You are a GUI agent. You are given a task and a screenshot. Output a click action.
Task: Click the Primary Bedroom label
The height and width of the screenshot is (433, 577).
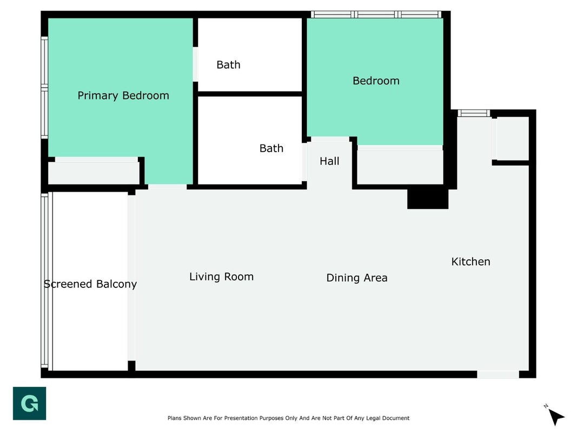click(x=123, y=96)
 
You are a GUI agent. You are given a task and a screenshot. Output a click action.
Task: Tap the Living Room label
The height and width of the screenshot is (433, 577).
click(x=221, y=277)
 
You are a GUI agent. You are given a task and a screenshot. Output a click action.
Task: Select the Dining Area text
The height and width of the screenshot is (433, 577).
click(x=356, y=278)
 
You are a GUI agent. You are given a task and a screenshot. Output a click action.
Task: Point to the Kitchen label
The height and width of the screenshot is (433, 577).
click(x=470, y=262)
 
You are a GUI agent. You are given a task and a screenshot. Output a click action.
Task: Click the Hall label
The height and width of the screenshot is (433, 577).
click(x=329, y=161)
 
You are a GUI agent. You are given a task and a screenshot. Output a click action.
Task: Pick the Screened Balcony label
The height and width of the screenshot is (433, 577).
click(x=90, y=284)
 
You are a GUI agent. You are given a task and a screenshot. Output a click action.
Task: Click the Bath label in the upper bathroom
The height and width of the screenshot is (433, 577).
click(x=228, y=65)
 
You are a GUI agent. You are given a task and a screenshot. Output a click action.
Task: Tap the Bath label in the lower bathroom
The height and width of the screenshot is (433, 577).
click(x=271, y=148)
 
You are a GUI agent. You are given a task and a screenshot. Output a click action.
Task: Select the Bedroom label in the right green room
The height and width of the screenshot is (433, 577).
click(x=376, y=81)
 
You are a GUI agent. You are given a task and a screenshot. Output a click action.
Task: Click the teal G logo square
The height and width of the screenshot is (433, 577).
click(x=29, y=403)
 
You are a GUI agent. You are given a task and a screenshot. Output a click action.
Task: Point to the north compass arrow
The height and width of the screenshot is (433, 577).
click(x=556, y=416)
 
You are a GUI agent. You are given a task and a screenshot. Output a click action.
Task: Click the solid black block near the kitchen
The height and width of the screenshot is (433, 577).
click(x=428, y=199)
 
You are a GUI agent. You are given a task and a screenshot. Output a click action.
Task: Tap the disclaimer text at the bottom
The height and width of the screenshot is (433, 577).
click(x=289, y=418)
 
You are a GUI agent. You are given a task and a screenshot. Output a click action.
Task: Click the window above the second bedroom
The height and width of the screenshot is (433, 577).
click(x=376, y=15)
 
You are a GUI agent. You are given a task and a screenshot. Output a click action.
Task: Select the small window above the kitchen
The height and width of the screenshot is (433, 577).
click(x=474, y=113)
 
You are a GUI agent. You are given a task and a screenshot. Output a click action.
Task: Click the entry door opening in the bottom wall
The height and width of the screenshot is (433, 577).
click(x=498, y=375)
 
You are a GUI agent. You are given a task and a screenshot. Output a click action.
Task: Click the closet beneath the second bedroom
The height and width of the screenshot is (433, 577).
click(x=400, y=167)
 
